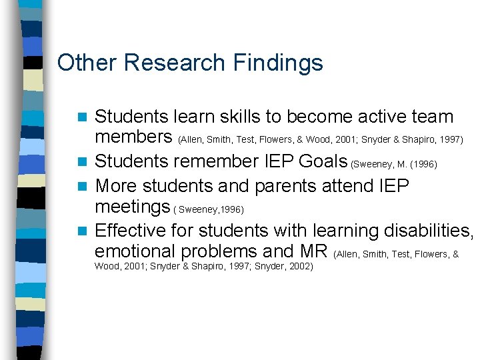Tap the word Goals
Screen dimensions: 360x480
[x=323, y=161]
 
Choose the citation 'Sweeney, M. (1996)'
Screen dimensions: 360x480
[x=394, y=163]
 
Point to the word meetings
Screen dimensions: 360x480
[x=133, y=207]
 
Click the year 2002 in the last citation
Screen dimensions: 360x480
[x=299, y=266]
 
